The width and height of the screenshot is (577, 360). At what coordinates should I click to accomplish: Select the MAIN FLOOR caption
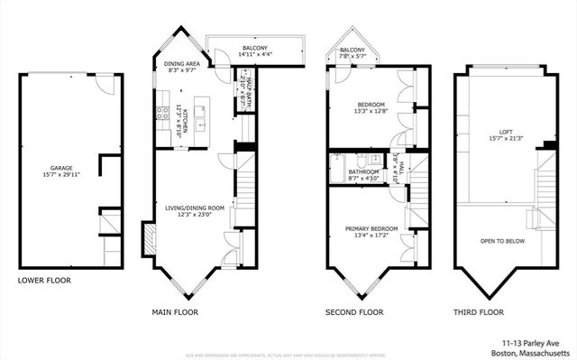click(x=175, y=311)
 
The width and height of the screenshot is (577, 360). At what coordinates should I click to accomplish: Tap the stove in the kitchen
click(x=163, y=113)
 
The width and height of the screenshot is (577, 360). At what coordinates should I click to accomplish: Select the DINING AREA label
click(x=183, y=64)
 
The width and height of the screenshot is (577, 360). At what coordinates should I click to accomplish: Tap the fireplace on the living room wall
click(x=147, y=237)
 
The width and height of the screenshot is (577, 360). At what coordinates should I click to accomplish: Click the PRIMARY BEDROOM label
click(x=370, y=229)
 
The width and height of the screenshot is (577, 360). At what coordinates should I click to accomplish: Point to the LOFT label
click(x=494, y=132)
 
